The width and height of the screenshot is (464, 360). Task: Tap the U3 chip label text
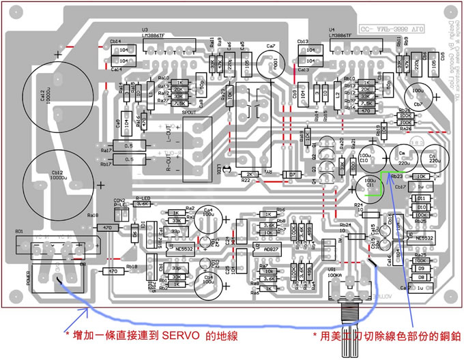145,30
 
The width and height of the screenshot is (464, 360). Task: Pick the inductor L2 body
337,95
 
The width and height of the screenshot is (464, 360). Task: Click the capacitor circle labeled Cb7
418,95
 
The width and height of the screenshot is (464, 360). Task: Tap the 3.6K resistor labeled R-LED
141,204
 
